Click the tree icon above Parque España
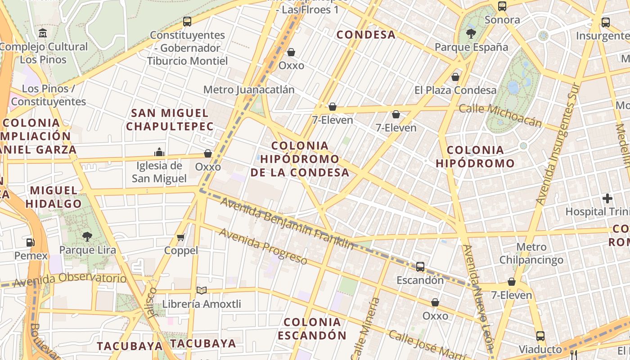point(471,33)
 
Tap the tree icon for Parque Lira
point(87,236)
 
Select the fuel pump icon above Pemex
point(30,242)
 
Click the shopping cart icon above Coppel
point(181,237)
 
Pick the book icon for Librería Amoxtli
point(202,291)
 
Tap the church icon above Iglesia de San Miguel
point(159,152)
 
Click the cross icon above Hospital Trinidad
point(607,198)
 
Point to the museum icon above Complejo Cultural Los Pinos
point(43,33)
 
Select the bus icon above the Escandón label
point(420,267)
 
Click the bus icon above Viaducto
point(540,336)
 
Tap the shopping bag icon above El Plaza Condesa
point(455,77)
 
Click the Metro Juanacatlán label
point(249,90)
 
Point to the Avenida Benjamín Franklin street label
point(287,223)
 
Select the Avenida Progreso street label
point(263,246)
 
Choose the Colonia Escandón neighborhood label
point(312,328)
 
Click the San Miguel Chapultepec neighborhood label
point(170,119)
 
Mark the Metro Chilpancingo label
point(531,253)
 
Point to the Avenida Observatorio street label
point(70,280)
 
